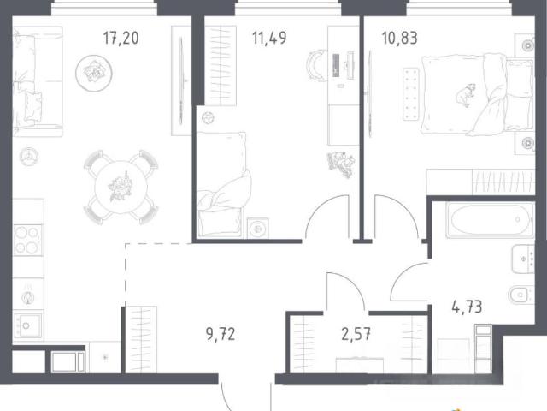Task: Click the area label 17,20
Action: click(x=121, y=38)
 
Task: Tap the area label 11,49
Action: click(x=269, y=38)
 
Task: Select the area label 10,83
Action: click(x=400, y=38)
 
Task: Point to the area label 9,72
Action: click(x=221, y=334)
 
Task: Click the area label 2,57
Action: click(x=356, y=334)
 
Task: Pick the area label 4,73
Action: click(x=467, y=307)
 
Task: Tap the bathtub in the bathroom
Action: click(x=490, y=219)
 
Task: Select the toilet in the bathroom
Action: click(x=521, y=295)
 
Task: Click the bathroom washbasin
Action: click(x=523, y=259)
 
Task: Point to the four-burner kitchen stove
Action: click(x=27, y=240)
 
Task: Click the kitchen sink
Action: click(x=27, y=325)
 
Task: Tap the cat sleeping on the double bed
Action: click(x=465, y=94)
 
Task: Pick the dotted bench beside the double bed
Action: click(x=411, y=94)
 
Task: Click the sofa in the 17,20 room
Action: click(x=38, y=81)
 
